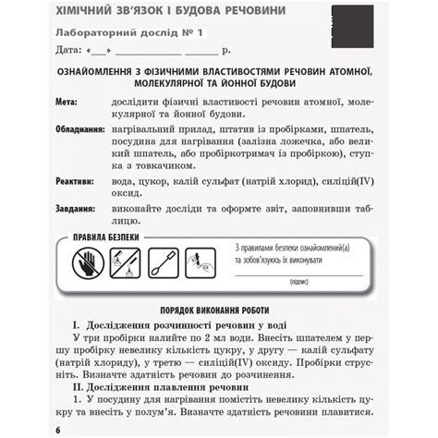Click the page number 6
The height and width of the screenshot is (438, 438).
point(57,431)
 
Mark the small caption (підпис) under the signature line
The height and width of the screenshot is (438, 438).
point(298,281)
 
